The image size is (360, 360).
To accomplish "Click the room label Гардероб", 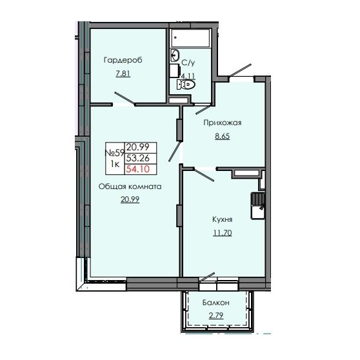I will pos(122,60).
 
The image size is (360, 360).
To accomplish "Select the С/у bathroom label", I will pos(188,63).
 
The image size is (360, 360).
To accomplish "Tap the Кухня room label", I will pos(221,220).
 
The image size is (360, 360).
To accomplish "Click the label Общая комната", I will pos(129,186).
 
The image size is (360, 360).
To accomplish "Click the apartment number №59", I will pos(114,153).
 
